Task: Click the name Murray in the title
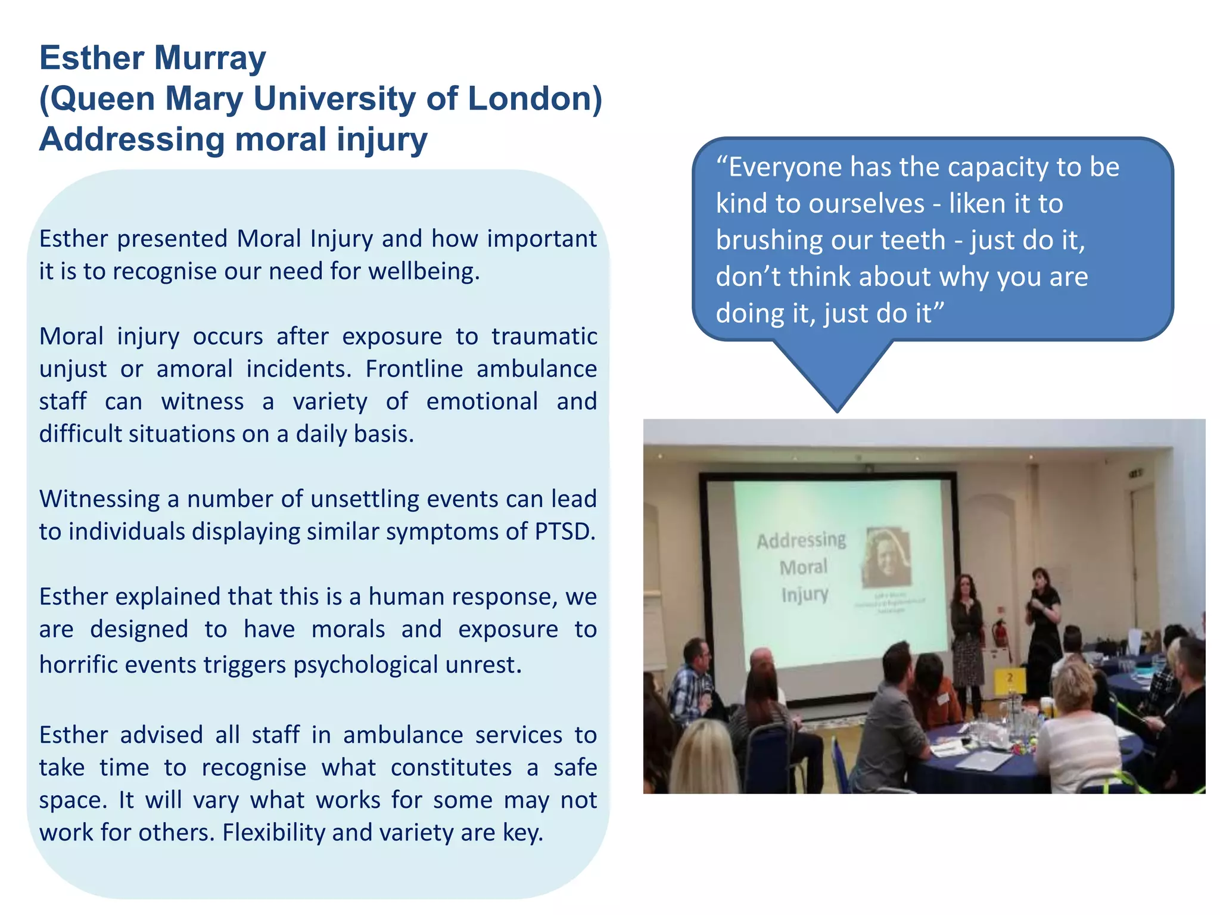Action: (210, 59)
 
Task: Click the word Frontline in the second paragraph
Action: (414, 369)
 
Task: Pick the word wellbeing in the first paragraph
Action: (424, 272)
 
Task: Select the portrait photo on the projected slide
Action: (887, 556)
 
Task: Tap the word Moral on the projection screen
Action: (804, 567)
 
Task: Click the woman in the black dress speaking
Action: (1043, 614)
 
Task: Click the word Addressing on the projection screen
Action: (801, 540)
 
